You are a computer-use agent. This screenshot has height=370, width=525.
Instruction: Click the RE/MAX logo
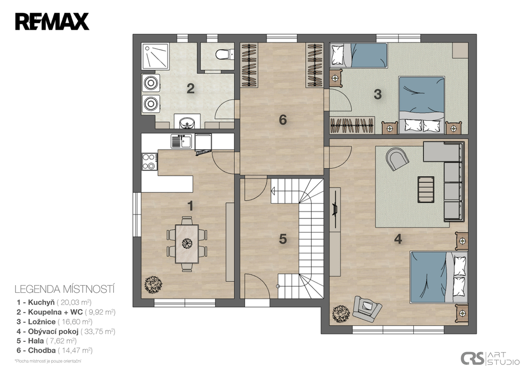[x=52, y=21]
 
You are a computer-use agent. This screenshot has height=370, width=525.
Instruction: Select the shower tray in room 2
[x=155, y=56]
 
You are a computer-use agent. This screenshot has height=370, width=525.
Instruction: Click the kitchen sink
[x=181, y=141]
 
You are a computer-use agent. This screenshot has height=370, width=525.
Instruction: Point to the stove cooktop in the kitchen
[x=149, y=161]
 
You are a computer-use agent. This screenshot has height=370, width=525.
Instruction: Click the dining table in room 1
[x=187, y=244]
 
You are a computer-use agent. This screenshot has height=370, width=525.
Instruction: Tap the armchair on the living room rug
[x=397, y=159]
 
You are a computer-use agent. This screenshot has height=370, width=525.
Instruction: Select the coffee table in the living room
[x=426, y=189]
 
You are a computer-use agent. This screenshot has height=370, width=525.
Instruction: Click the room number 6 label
[x=283, y=120]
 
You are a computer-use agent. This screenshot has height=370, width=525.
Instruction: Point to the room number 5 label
[x=283, y=239]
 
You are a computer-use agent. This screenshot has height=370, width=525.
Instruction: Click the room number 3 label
[x=378, y=94]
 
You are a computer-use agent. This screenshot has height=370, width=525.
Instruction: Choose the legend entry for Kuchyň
[x=54, y=302]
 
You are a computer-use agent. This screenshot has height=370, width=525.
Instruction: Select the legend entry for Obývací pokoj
[x=66, y=331]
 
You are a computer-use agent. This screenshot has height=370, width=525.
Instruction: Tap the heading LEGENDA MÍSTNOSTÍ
[x=65, y=289]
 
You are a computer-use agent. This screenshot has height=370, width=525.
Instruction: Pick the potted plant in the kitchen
[x=153, y=285]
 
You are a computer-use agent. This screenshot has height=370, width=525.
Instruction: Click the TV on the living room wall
[x=334, y=209]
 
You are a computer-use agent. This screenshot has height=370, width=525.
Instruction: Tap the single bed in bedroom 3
[x=358, y=55]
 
